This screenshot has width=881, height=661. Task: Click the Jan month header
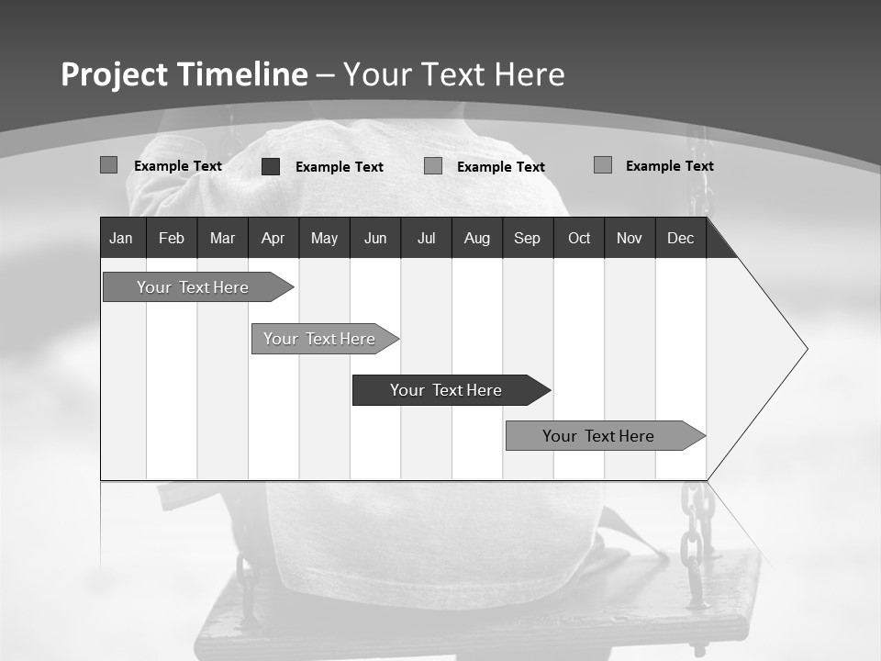click(121, 238)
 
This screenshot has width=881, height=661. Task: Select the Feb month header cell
click(172, 238)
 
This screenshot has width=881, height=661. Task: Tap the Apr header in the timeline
click(273, 238)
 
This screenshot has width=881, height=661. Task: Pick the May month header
click(324, 238)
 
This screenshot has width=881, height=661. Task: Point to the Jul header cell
click(426, 238)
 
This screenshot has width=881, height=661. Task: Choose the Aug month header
click(477, 238)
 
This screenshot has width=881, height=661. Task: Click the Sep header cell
click(527, 238)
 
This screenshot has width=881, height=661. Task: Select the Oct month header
click(579, 238)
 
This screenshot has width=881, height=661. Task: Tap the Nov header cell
click(630, 238)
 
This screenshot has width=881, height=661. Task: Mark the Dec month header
click(681, 238)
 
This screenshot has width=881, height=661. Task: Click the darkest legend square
click(271, 166)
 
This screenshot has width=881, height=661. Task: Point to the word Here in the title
click(530, 74)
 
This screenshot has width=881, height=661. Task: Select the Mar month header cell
click(222, 238)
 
